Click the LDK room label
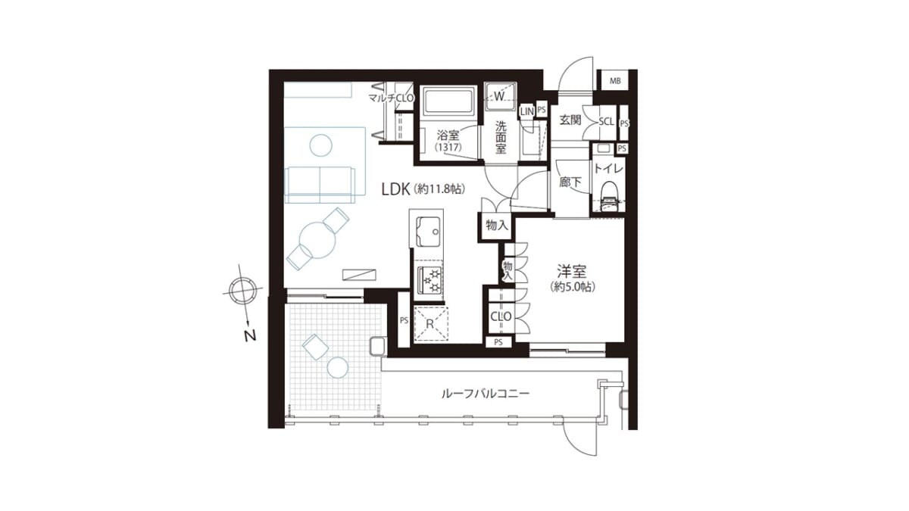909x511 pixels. click(x=395, y=189)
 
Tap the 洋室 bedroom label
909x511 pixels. click(x=572, y=271)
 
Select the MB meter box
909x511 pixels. click(x=615, y=81)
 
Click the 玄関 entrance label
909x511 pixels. click(x=570, y=120)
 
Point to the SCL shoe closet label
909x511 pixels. click(x=606, y=121)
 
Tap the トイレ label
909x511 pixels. click(x=608, y=168)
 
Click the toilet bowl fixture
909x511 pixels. click(x=608, y=196)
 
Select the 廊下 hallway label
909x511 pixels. click(x=570, y=182)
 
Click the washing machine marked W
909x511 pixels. click(x=500, y=97)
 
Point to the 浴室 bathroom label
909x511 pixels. click(x=448, y=135)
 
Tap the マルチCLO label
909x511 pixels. click(x=391, y=98)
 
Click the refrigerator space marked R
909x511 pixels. click(x=430, y=324)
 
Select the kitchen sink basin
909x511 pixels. click(x=429, y=232)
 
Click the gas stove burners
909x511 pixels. click(x=430, y=281)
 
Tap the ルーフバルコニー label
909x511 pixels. click(x=486, y=394)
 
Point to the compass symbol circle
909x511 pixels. click(x=242, y=291)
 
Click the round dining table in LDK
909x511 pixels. click(x=317, y=240)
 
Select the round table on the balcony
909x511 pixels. click(x=338, y=368)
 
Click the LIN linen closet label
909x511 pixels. click(x=526, y=112)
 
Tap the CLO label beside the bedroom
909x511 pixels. click(x=501, y=316)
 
